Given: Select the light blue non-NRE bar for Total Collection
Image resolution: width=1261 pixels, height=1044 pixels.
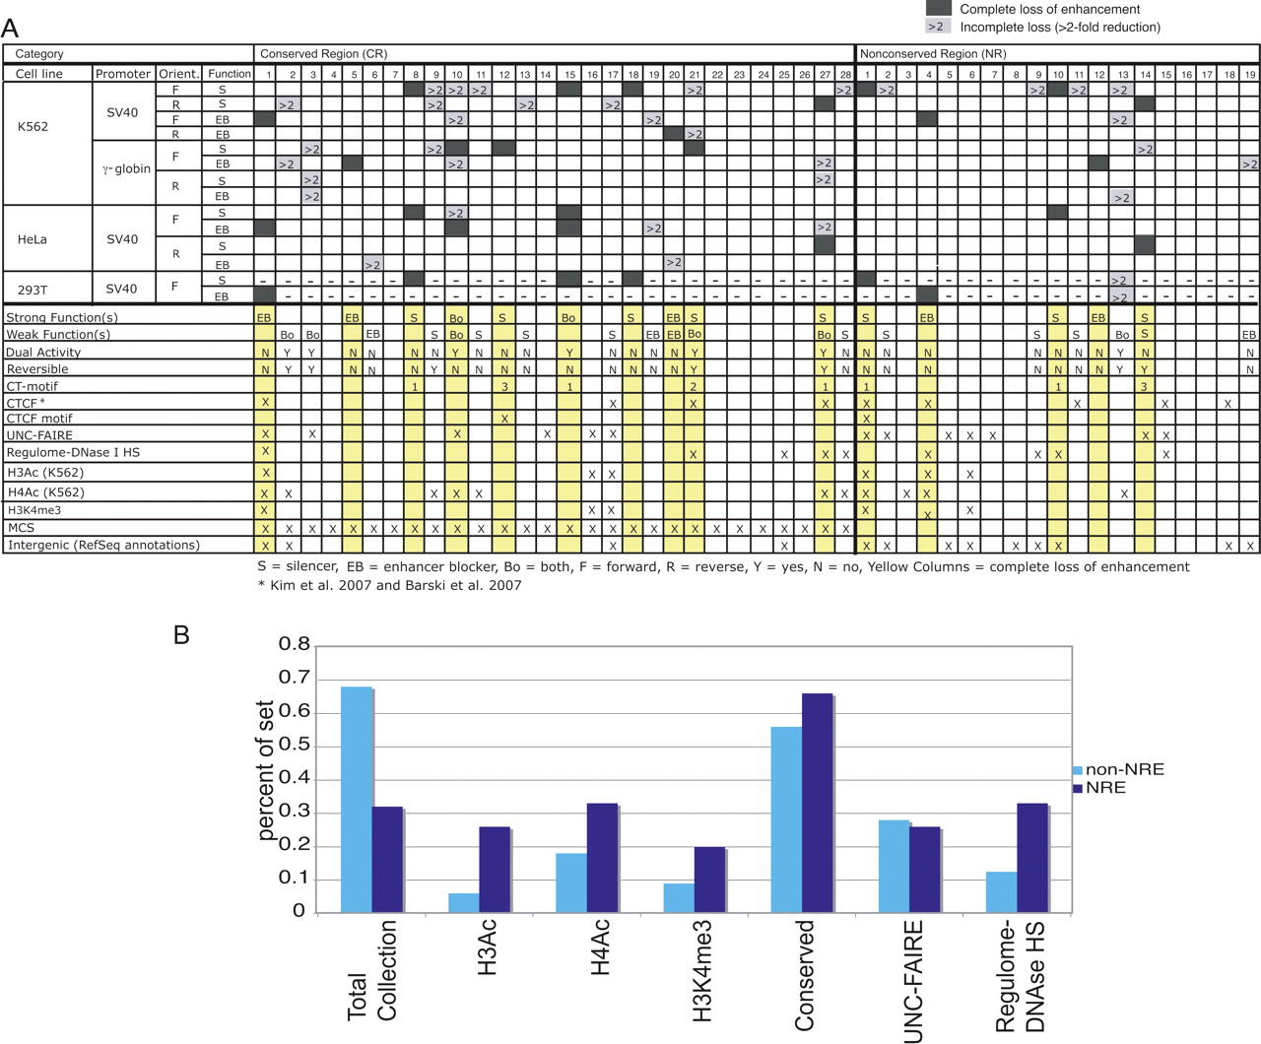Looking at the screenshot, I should pyautogui.click(x=356, y=799).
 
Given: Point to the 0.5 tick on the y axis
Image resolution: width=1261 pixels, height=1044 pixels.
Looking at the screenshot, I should pyautogui.click(x=295, y=746).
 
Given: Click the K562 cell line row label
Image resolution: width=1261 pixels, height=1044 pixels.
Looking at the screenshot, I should pyautogui.click(x=33, y=127).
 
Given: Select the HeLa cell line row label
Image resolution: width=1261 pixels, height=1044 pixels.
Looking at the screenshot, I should pyautogui.click(x=33, y=239).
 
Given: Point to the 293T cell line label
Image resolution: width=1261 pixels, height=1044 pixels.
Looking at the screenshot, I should pyautogui.click(x=34, y=289).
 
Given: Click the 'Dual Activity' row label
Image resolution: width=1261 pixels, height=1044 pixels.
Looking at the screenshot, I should pyautogui.click(x=43, y=352).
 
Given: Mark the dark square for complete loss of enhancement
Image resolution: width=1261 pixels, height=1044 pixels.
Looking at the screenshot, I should pyautogui.click(x=939, y=8).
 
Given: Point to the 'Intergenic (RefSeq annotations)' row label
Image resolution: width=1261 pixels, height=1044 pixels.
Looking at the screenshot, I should pyautogui.click(x=102, y=545).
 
